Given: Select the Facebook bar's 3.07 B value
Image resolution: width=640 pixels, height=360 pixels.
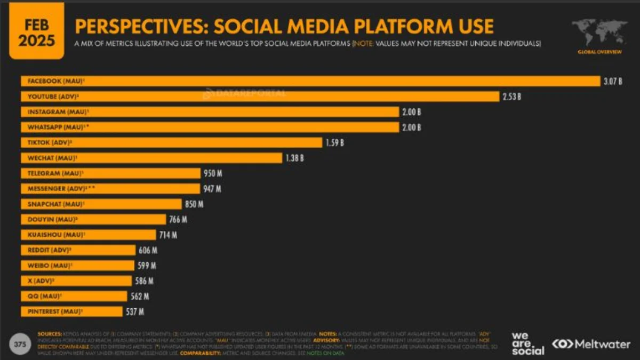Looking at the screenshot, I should point(612,82).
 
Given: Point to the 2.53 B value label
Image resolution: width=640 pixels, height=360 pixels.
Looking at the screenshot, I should point(511,97).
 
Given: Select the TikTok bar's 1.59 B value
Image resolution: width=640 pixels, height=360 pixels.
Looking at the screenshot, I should point(334,143).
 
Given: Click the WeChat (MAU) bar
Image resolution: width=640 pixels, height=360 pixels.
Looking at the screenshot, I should point(151,158).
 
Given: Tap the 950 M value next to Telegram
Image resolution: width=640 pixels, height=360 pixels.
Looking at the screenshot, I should point(212,173).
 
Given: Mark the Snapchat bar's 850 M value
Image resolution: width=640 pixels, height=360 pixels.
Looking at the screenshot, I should point(194,204).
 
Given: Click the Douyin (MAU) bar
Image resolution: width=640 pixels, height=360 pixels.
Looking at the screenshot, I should point(93,219).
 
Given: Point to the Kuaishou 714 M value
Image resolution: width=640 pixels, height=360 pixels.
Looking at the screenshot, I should point(167,235).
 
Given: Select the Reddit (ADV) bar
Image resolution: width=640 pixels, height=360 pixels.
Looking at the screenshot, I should point(78,250).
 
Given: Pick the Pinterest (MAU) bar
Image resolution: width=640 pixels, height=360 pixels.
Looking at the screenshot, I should point(74,311).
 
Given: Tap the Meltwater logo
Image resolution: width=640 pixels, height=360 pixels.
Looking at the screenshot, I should point(591,344).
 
